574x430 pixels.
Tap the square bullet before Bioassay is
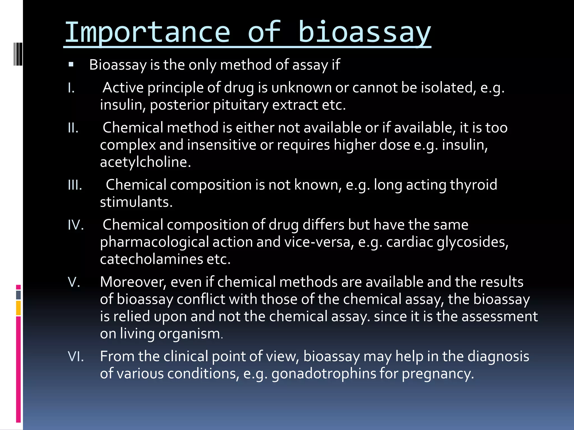[x=71, y=65]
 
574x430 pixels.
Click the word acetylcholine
[x=145, y=162]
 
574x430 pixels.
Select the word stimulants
[x=136, y=202]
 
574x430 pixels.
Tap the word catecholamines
[x=151, y=259]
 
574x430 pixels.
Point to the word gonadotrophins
[x=323, y=374]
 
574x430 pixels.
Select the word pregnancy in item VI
[x=438, y=374]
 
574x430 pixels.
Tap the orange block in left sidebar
[x=18, y=308]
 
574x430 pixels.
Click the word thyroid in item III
[x=473, y=185]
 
